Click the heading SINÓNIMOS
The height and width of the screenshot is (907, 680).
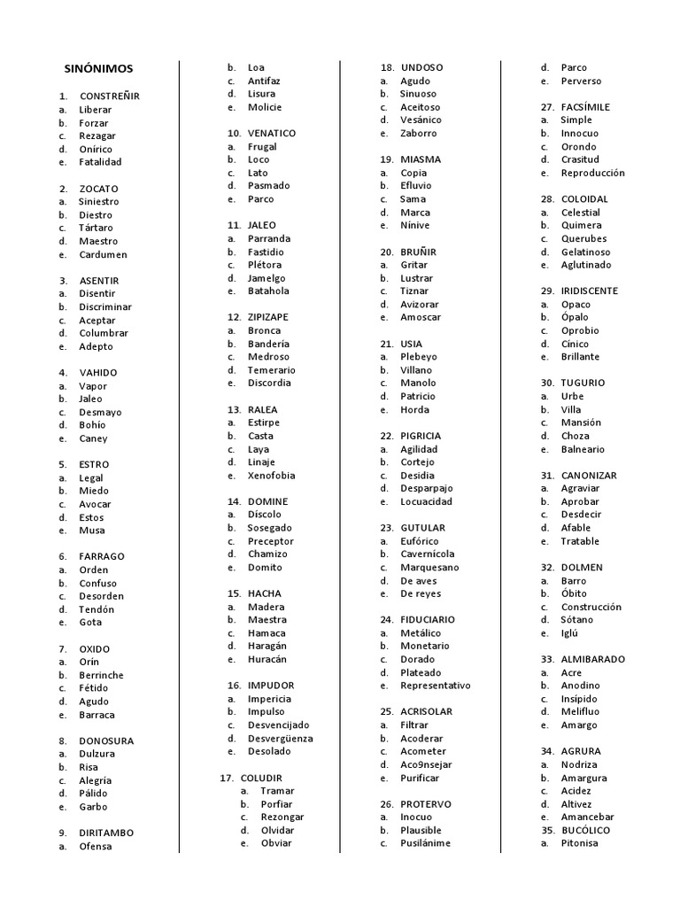(x=99, y=68)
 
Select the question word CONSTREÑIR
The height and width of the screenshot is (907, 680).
(x=109, y=97)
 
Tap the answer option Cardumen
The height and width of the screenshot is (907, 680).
(x=103, y=254)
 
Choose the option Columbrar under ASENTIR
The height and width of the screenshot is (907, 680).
(x=104, y=333)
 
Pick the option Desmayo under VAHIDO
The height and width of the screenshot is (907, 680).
(x=100, y=412)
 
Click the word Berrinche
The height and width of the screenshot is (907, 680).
(x=101, y=675)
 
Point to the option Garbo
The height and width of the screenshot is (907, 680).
(x=93, y=807)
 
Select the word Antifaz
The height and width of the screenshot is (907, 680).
(x=264, y=81)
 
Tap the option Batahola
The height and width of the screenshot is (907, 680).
(x=268, y=291)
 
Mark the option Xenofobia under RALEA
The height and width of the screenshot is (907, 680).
(x=272, y=475)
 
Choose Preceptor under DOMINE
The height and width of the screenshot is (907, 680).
(x=271, y=541)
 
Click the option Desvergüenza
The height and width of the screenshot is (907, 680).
(x=280, y=738)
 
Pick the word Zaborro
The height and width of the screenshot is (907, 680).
(x=418, y=133)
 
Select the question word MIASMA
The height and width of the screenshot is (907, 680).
(x=421, y=159)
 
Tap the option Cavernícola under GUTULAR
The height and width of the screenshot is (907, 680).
(x=428, y=554)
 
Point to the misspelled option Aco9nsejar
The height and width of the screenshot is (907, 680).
(x=426, y=764)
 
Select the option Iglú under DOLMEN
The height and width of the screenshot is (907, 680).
(x=569, y=633)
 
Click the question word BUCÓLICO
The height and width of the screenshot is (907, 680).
(x=585, y=830)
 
